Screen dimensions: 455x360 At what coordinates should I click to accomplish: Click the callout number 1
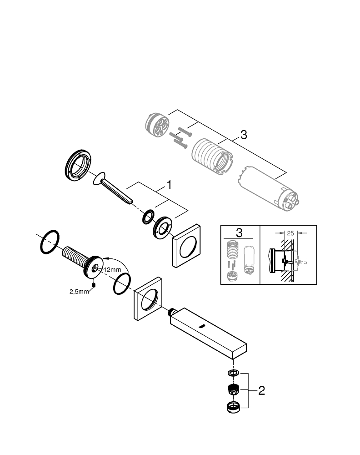pos(169,185)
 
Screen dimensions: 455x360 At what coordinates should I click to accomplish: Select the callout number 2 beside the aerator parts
pos(261,390)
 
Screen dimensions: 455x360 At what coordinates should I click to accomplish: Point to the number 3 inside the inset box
pos(240,233)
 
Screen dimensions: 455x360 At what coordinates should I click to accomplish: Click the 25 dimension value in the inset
pos(290,232)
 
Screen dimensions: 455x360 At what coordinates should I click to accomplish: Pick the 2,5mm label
pos(79,291)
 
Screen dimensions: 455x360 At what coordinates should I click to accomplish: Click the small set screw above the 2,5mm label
pos(93,285)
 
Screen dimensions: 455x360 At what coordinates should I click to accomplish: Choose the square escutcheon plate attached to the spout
pos(148,299)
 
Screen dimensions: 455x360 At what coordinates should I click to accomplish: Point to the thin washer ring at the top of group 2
pos(233,374)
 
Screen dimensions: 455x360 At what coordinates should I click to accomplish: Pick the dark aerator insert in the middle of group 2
pos(233,389)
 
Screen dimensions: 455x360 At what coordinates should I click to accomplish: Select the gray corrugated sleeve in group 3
pos(211,157)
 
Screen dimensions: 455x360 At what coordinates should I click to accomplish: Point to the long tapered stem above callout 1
pos(116,190)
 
